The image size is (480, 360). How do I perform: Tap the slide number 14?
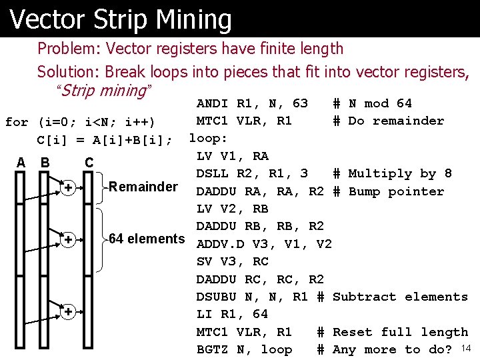(466, 348)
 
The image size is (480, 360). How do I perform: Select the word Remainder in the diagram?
(143, 187)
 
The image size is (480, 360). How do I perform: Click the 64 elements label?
(147, 239)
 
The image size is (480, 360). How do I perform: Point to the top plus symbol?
(68, 189)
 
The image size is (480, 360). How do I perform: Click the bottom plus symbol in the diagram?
(68, 311)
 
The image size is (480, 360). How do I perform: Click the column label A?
(21, 163)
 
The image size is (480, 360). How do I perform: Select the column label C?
(89, 163)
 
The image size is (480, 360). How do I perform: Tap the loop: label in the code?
(209, 139)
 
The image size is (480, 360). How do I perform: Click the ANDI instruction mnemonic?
(213, 103)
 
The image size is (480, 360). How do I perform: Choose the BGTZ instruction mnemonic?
(213, 349)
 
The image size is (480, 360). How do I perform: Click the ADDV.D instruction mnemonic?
(220, 244)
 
